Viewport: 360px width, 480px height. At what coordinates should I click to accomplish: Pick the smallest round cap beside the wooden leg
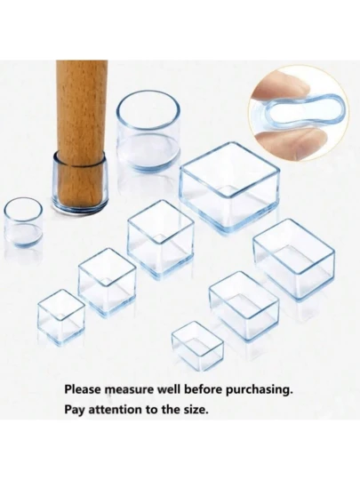coord(23,222)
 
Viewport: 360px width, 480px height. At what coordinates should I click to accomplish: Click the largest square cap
coord(229,187)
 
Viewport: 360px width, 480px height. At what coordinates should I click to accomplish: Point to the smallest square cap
coord(61,317)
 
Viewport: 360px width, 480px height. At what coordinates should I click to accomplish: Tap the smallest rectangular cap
coord(197,345)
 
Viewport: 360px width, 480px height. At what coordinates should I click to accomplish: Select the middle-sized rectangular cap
coord(244,306)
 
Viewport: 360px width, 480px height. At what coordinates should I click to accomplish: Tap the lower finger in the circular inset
coord(291,143)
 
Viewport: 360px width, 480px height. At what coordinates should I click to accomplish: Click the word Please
coord(83,389)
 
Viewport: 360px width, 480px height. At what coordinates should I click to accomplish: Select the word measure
coord(129,390)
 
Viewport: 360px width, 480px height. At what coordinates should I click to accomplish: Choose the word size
coord(196,410)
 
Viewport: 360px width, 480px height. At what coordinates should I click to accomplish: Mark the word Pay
coord(75,410)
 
